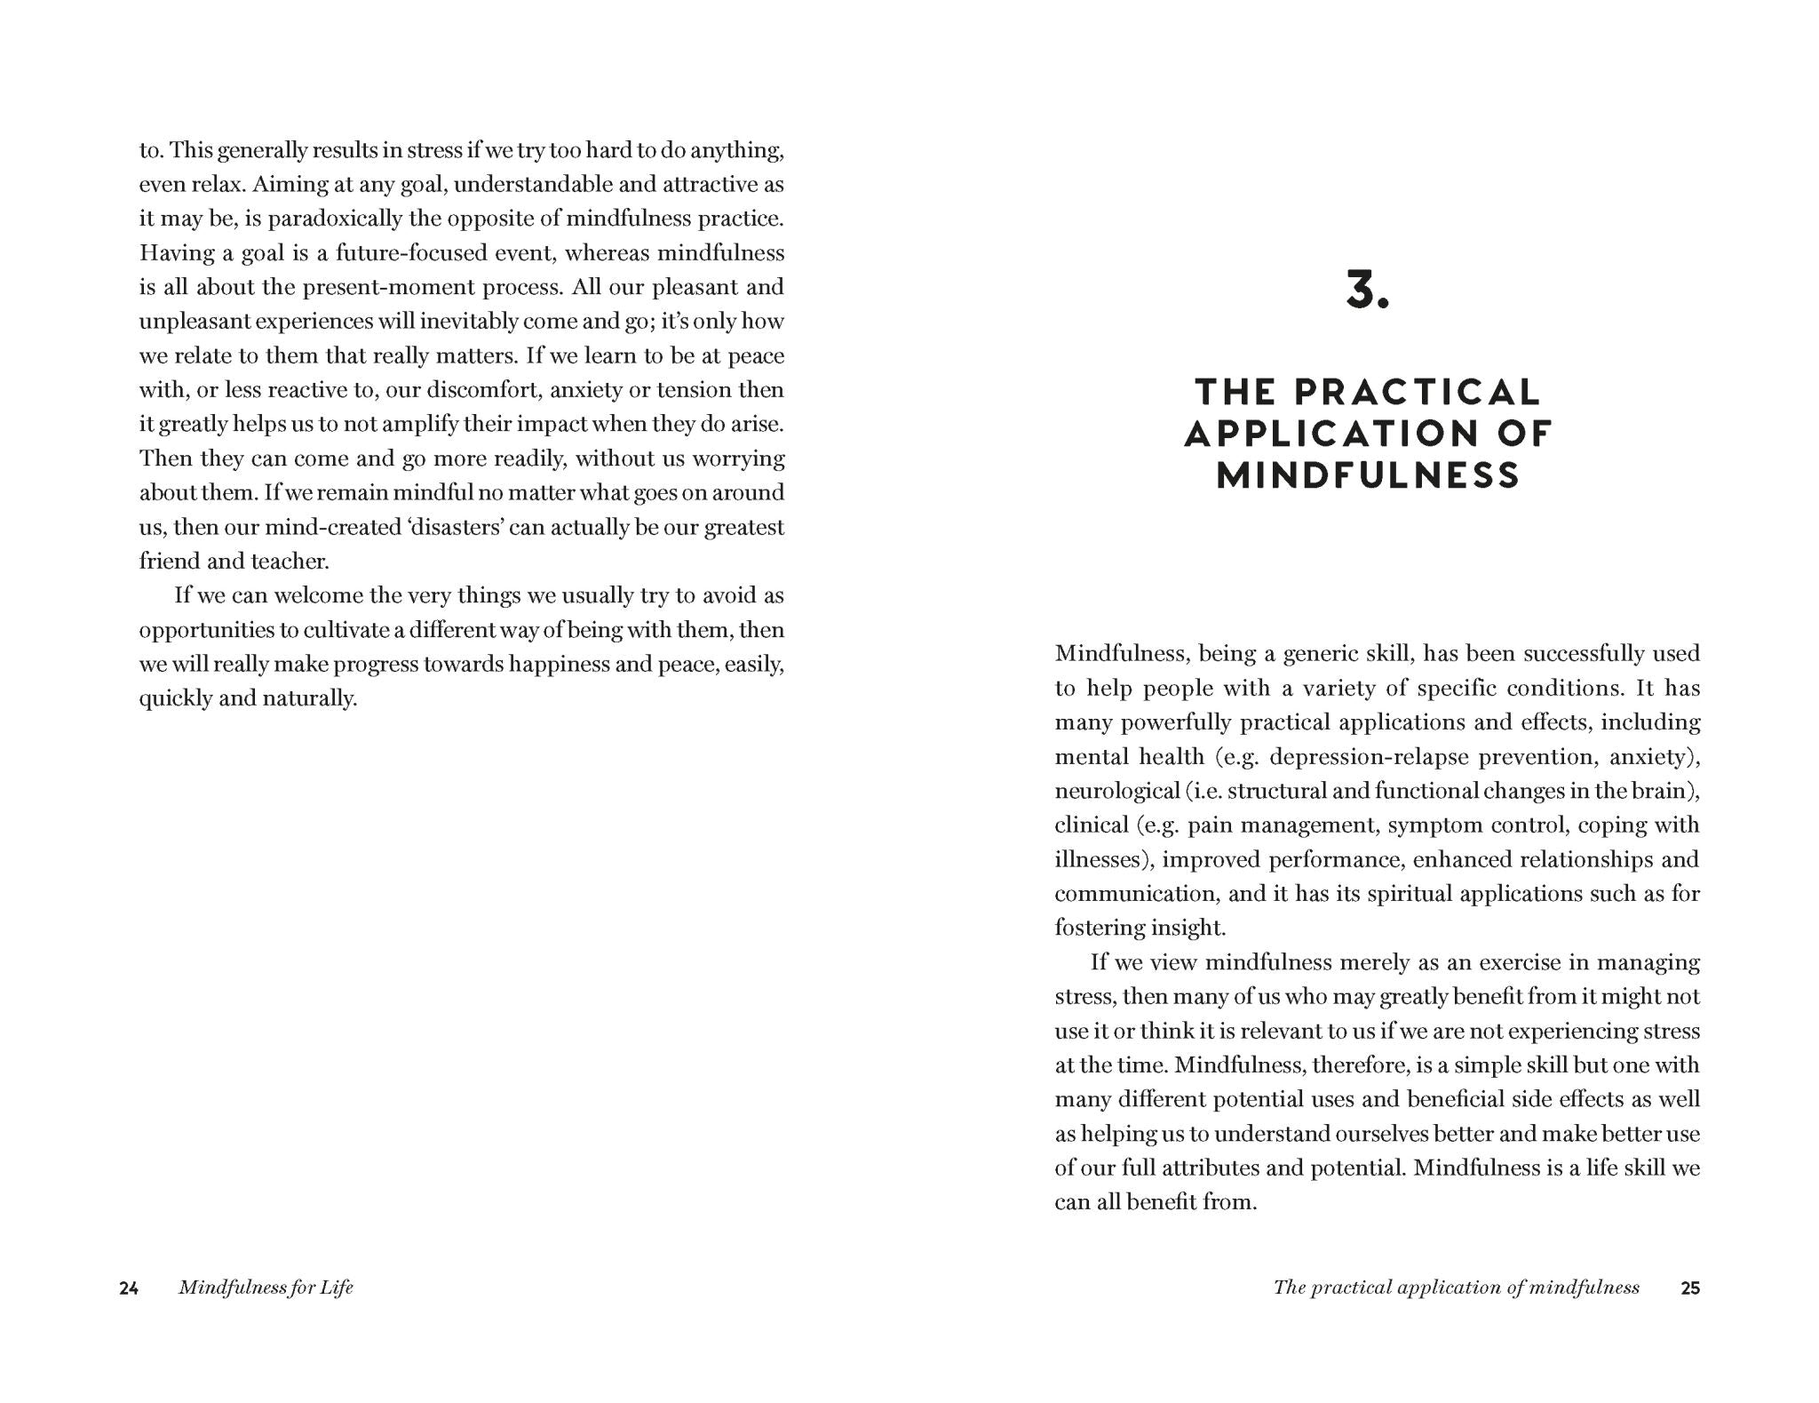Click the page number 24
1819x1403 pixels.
click(x=129, y=1288)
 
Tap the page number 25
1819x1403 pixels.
click(x=1690, y=1288)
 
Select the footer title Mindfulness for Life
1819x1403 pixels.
click(x=266, y=1288)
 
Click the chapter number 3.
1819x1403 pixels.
click(x=1367, y=291)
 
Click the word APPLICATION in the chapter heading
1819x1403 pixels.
click(x=1329, y=434)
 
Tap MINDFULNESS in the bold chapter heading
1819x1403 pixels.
click(x=1368, y=475)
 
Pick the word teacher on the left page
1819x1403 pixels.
click(x=290, y=562)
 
